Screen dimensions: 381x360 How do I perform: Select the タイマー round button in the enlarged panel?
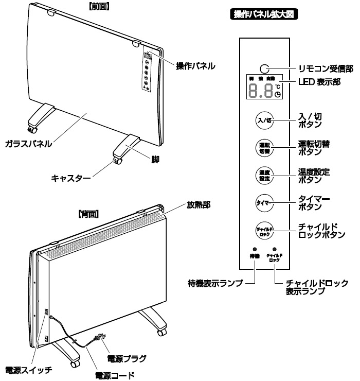click(x=263, y=202)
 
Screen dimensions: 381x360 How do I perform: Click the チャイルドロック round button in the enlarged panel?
click(x=263, y=230)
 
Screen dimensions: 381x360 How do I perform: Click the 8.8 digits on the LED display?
click(x=260, y=91)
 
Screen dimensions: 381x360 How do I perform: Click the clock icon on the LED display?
click(x=278, y=95)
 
